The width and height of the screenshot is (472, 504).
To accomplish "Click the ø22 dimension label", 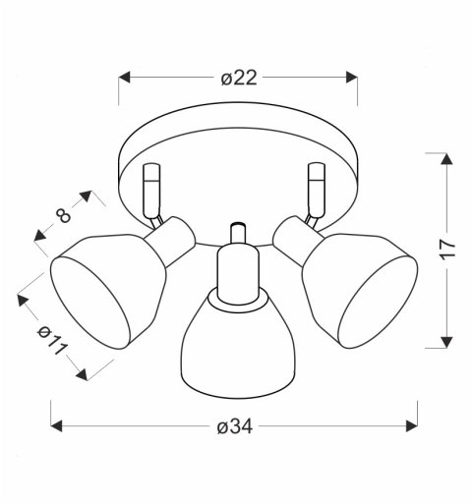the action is [239, 79].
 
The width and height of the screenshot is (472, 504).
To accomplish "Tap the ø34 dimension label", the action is [235, 427].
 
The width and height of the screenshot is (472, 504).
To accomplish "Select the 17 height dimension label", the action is [447, 250].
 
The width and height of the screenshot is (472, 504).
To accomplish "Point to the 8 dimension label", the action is [63, 215].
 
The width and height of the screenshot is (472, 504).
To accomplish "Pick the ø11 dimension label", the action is [52, 340].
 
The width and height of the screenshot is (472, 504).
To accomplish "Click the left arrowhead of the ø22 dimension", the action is [124, 78].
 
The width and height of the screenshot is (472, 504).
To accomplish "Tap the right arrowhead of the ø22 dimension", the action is [351, 78].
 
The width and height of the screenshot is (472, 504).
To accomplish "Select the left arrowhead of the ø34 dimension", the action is [56, 426].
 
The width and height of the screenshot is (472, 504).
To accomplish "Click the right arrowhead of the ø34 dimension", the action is [412, 426].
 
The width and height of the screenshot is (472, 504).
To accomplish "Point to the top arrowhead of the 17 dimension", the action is [446, 159].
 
